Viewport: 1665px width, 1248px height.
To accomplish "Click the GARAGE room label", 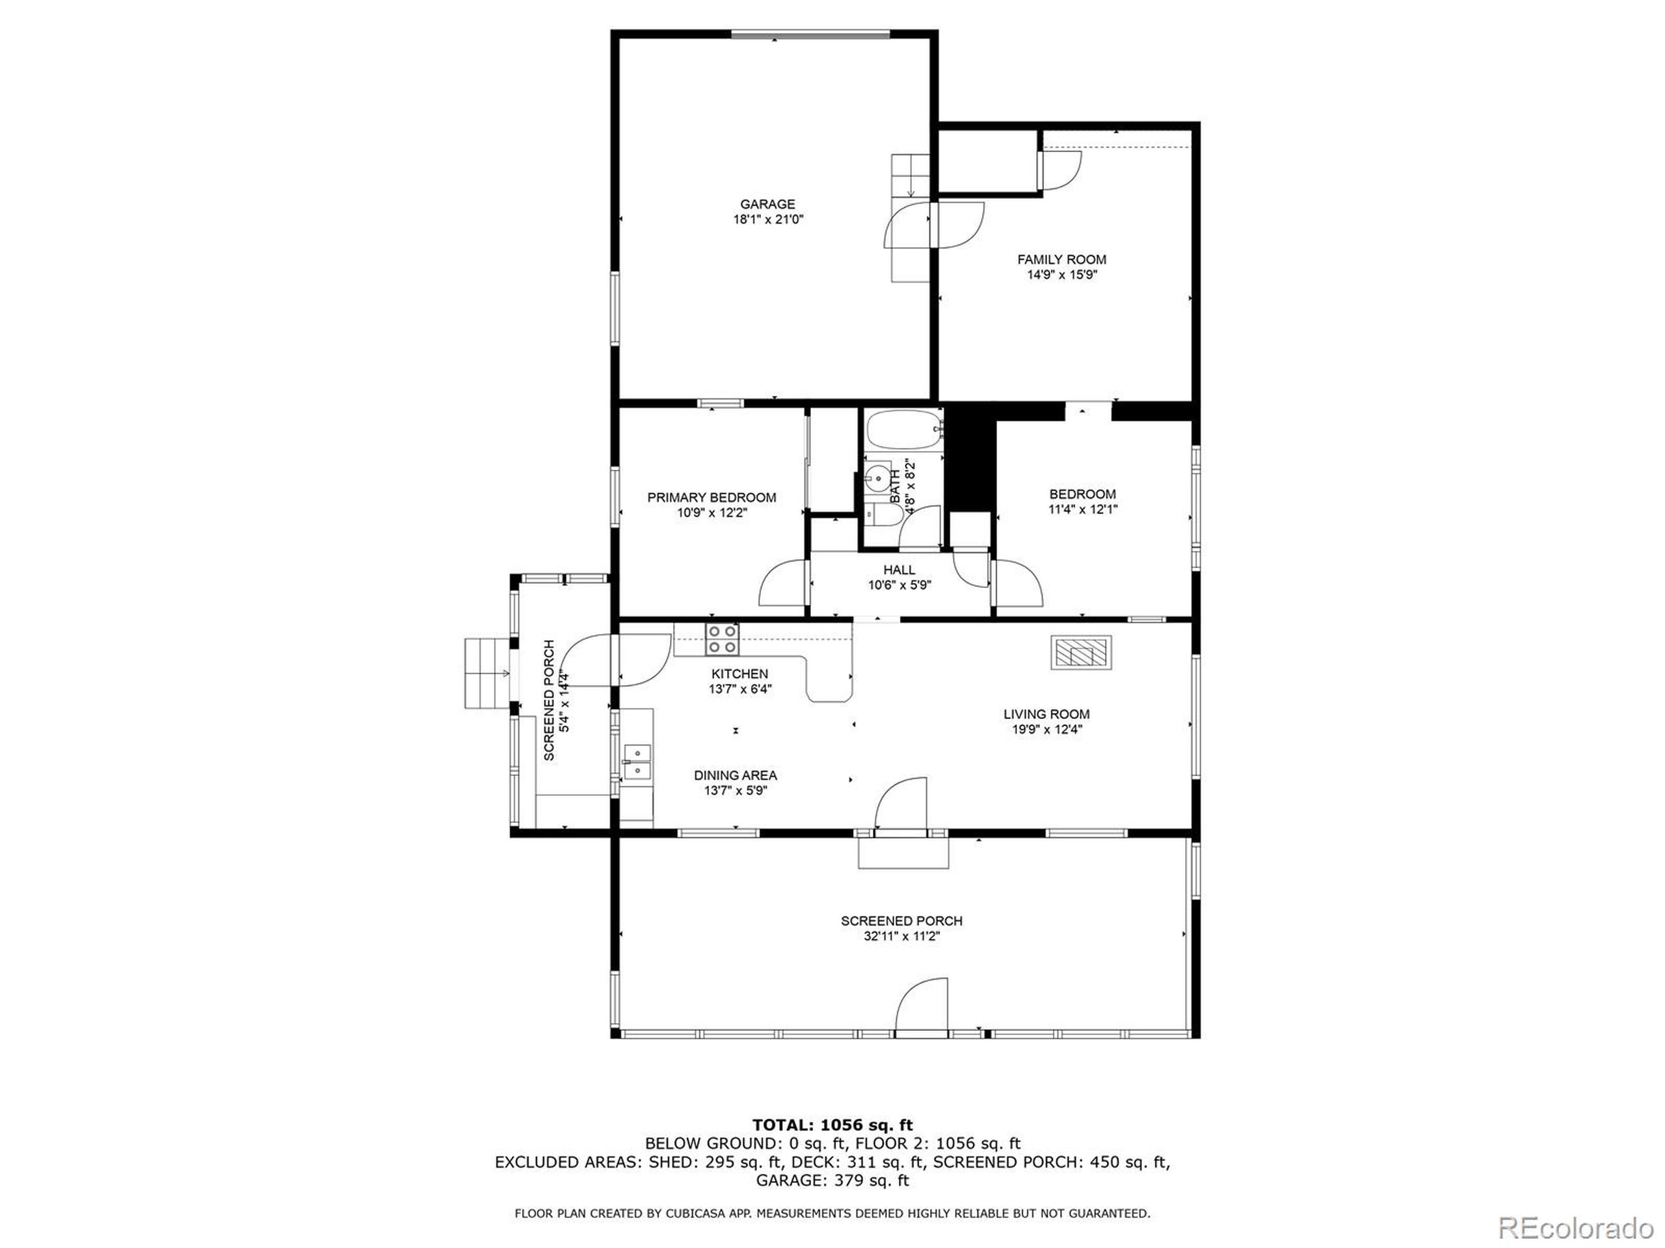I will click(767, 204).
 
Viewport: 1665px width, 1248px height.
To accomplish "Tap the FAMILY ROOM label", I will click(1061, 259).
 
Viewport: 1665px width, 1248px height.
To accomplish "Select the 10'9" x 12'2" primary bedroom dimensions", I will click(712, 513).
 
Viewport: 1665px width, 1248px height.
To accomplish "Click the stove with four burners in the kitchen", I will click(721, 640).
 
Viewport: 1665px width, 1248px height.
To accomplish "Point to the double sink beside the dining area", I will click(637, 761).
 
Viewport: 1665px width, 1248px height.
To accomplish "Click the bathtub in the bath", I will click(901, 430).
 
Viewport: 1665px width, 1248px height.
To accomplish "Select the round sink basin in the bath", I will click(877, 476).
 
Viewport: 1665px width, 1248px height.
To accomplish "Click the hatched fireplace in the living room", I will click(1081, 652).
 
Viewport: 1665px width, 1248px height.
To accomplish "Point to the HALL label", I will click(899, 569).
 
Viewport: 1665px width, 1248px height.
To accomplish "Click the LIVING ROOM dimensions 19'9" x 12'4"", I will click(1046, 729).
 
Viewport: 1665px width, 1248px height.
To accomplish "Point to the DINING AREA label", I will click(735, 775).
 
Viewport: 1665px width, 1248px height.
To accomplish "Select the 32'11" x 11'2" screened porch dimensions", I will click(901, 937).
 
